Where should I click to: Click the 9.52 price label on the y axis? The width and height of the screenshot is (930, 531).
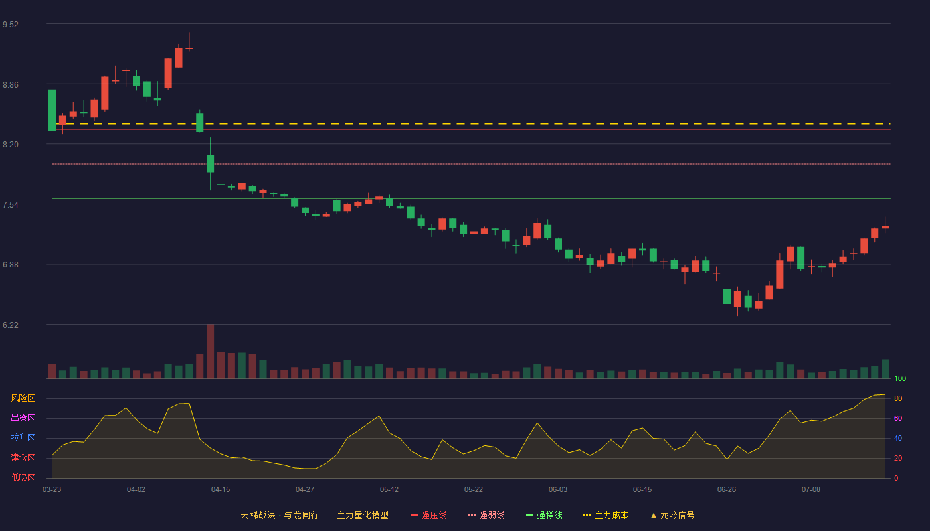point(11,25)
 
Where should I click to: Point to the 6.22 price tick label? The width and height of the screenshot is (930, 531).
point(11,325)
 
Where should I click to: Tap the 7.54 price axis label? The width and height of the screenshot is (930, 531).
point(11,205)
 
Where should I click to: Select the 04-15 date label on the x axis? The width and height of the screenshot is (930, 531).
point(221,490)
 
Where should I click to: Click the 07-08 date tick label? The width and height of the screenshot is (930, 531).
point(811,490)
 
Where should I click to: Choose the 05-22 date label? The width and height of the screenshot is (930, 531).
point(473,490)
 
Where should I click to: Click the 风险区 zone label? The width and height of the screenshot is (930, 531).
point(23,398)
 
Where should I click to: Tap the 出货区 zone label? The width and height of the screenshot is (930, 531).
point(23,417)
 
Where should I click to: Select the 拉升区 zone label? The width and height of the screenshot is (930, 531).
point(23,437)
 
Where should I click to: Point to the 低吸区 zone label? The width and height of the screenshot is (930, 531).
point(23,477)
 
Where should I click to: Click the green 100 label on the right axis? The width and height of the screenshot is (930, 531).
point(900,378)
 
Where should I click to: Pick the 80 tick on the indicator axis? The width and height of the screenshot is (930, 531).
point(898,398)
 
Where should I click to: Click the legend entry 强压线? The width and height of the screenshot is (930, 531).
point(429,515)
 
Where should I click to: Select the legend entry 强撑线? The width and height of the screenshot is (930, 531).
point(544,515)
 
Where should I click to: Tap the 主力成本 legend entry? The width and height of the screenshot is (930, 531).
point(606,515)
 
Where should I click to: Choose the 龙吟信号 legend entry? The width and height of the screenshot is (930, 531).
point(672,515)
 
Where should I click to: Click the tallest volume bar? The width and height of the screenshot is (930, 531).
point(210,351)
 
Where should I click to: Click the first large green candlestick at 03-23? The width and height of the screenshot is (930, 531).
point(52,110)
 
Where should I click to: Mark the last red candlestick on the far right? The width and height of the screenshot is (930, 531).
point(885,226)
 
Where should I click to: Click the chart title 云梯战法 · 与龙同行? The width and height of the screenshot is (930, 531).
point(280,515)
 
